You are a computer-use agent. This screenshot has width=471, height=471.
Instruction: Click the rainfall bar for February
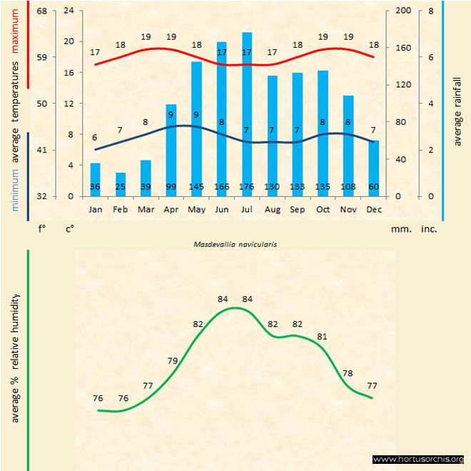click(x=121, y=184)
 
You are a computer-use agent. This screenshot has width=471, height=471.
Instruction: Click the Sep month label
click(x=297, y=210)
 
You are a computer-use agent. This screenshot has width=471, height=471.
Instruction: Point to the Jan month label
click(x=95, y=210)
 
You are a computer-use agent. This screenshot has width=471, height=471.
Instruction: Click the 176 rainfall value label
click(x=247, y=188)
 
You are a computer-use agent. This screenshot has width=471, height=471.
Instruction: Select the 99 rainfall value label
click(x=171, y=188)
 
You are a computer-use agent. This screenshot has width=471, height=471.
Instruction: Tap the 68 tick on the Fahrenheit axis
click(x=42, y=11)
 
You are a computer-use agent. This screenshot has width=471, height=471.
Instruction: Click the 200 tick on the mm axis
click(x=403, y=11)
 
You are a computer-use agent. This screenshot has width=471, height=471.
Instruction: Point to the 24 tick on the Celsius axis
click(x=69, y=11)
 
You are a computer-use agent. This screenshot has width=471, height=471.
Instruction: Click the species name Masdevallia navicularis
click(x=235, y=243)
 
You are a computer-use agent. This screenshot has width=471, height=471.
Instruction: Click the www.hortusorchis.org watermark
click(x=418, y=459)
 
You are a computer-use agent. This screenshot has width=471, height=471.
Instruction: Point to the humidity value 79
click(x=172, y=360)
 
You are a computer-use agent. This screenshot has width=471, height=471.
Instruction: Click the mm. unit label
click(x=399, y=230)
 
